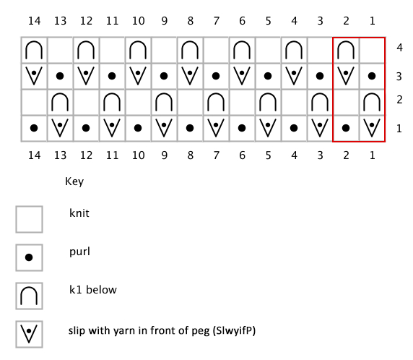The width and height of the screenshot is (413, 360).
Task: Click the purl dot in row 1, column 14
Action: (x=34, y=128)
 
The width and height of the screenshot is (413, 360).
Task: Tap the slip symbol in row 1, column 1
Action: (x=372, y=128)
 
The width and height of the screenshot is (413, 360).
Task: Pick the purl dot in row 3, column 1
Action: (x=372, y=76)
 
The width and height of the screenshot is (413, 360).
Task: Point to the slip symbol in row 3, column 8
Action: (x=190, y=76)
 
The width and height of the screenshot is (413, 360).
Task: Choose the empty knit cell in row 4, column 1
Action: (x=372, y=50)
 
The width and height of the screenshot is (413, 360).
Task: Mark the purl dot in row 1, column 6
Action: (x=242, y=128)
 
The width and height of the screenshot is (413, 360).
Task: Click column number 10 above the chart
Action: (x=139, y=21)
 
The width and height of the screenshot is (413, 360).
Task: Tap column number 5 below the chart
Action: (x=268, y=155)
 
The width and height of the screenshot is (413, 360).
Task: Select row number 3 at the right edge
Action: (x=399, y=77)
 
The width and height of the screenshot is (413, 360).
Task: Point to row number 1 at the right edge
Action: (x=399, y=129)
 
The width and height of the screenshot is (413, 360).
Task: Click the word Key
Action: (x=74, y=181)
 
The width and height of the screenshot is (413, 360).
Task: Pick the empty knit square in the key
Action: (x=29, y=220)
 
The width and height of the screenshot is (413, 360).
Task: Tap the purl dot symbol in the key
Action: (x=29, y=257)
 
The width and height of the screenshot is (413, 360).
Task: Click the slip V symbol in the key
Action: (x=29, y=334)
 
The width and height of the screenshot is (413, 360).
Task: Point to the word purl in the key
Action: (x=79, y=252)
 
